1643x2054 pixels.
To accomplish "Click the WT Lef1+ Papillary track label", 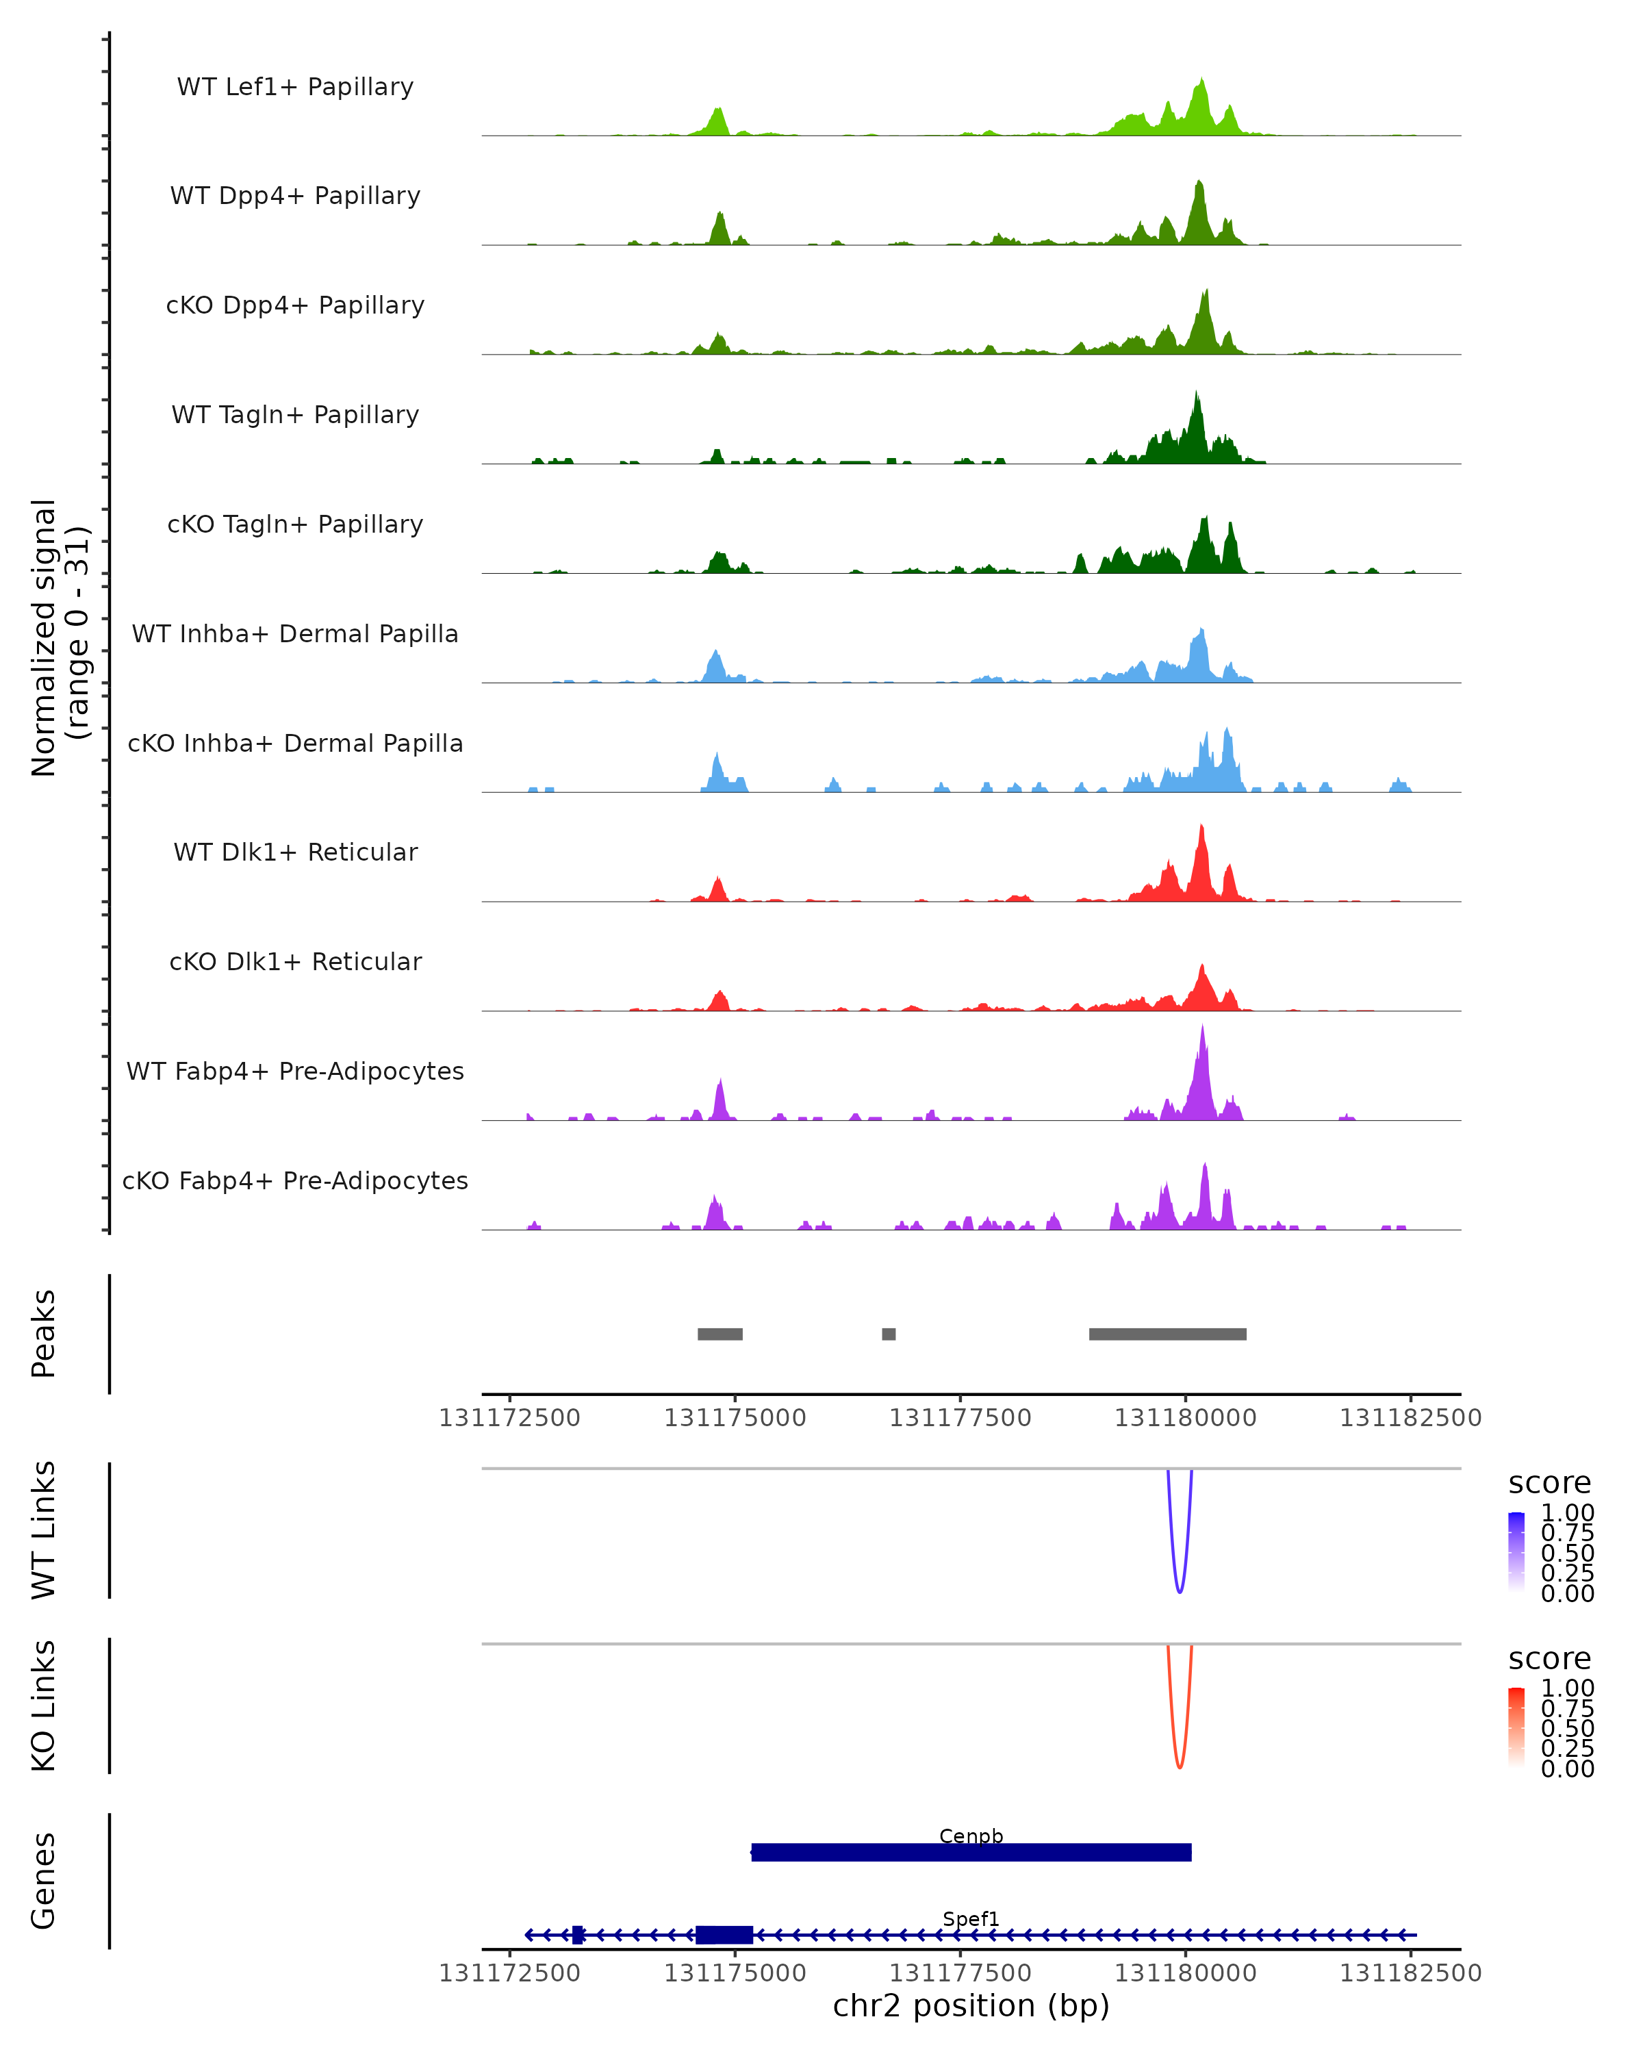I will [295, 87].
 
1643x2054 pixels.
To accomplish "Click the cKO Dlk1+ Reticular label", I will [295, 961].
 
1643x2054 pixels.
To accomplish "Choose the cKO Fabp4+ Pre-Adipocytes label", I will [295, 1180].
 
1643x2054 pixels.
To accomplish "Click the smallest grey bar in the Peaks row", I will [889, 1334].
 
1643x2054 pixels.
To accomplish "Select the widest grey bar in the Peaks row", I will [1168, 1334].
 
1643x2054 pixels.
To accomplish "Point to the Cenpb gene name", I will [971, 1836].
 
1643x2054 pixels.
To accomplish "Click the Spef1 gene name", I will [971, 1918].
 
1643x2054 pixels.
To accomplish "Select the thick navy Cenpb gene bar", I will [971, 1853].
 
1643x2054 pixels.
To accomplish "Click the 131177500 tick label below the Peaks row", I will [960, 1419].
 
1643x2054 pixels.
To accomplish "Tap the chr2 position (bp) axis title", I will [971, 2006].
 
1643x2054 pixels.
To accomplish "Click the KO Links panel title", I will [44, 1706].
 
